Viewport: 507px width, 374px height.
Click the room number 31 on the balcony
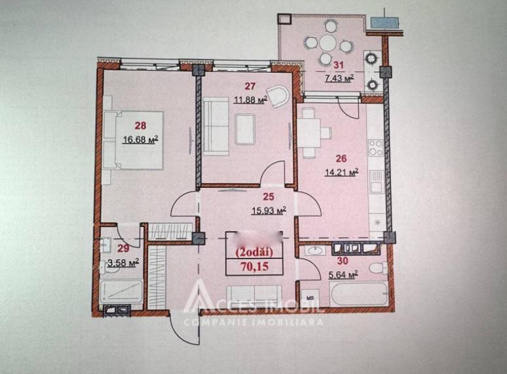(339, 65)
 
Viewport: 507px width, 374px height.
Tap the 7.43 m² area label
(339, 78)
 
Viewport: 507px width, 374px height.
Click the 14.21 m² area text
(342, 173)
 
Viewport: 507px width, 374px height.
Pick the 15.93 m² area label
(252, 210)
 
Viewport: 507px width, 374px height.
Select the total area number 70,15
(254, 266)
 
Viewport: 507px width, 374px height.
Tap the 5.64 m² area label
(341, 275)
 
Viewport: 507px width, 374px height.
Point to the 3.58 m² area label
(124, 262)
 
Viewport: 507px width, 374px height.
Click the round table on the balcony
(329, 43)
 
